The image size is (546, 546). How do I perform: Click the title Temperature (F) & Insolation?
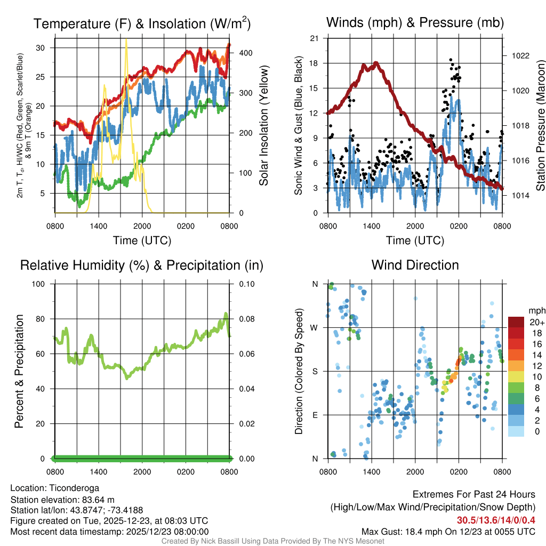[x=142, y=24]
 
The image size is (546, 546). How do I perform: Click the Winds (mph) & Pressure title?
[x=415, y=23]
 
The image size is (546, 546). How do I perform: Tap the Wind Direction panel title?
[x=415, y=265]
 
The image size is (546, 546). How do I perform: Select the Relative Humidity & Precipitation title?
[x=142, y=265]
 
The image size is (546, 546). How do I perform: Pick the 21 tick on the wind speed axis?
[x=314, y=38]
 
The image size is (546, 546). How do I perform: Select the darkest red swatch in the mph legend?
[x=516, y=322]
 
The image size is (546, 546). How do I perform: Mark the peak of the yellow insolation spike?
[x=126, y=39]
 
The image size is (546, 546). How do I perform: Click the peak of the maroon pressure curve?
[x=376, y=63]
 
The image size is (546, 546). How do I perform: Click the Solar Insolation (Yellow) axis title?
[x=264, y=126]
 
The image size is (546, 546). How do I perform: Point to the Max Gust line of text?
[x=448, y=531]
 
